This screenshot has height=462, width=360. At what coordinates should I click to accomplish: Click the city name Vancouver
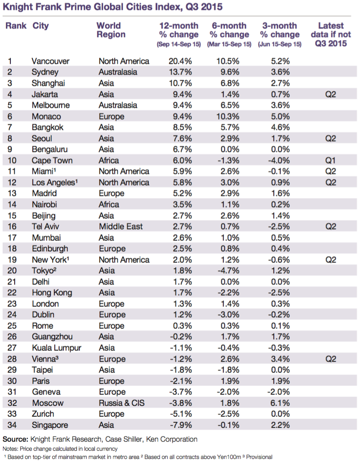50,61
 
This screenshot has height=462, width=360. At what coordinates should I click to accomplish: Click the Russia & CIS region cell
122,403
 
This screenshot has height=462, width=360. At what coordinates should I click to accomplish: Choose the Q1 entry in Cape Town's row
331,160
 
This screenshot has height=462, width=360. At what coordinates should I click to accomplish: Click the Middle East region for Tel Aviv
121,226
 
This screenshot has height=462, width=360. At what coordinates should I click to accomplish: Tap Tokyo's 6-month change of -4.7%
229,270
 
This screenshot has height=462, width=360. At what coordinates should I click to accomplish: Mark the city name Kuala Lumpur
56,348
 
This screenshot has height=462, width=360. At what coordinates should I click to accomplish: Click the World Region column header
111,30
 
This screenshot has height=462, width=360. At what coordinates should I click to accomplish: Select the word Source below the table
15,439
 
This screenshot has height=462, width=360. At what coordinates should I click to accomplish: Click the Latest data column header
331,35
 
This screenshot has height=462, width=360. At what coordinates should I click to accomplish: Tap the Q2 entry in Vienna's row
331,359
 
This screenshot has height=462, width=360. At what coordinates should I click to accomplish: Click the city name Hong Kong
52,293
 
